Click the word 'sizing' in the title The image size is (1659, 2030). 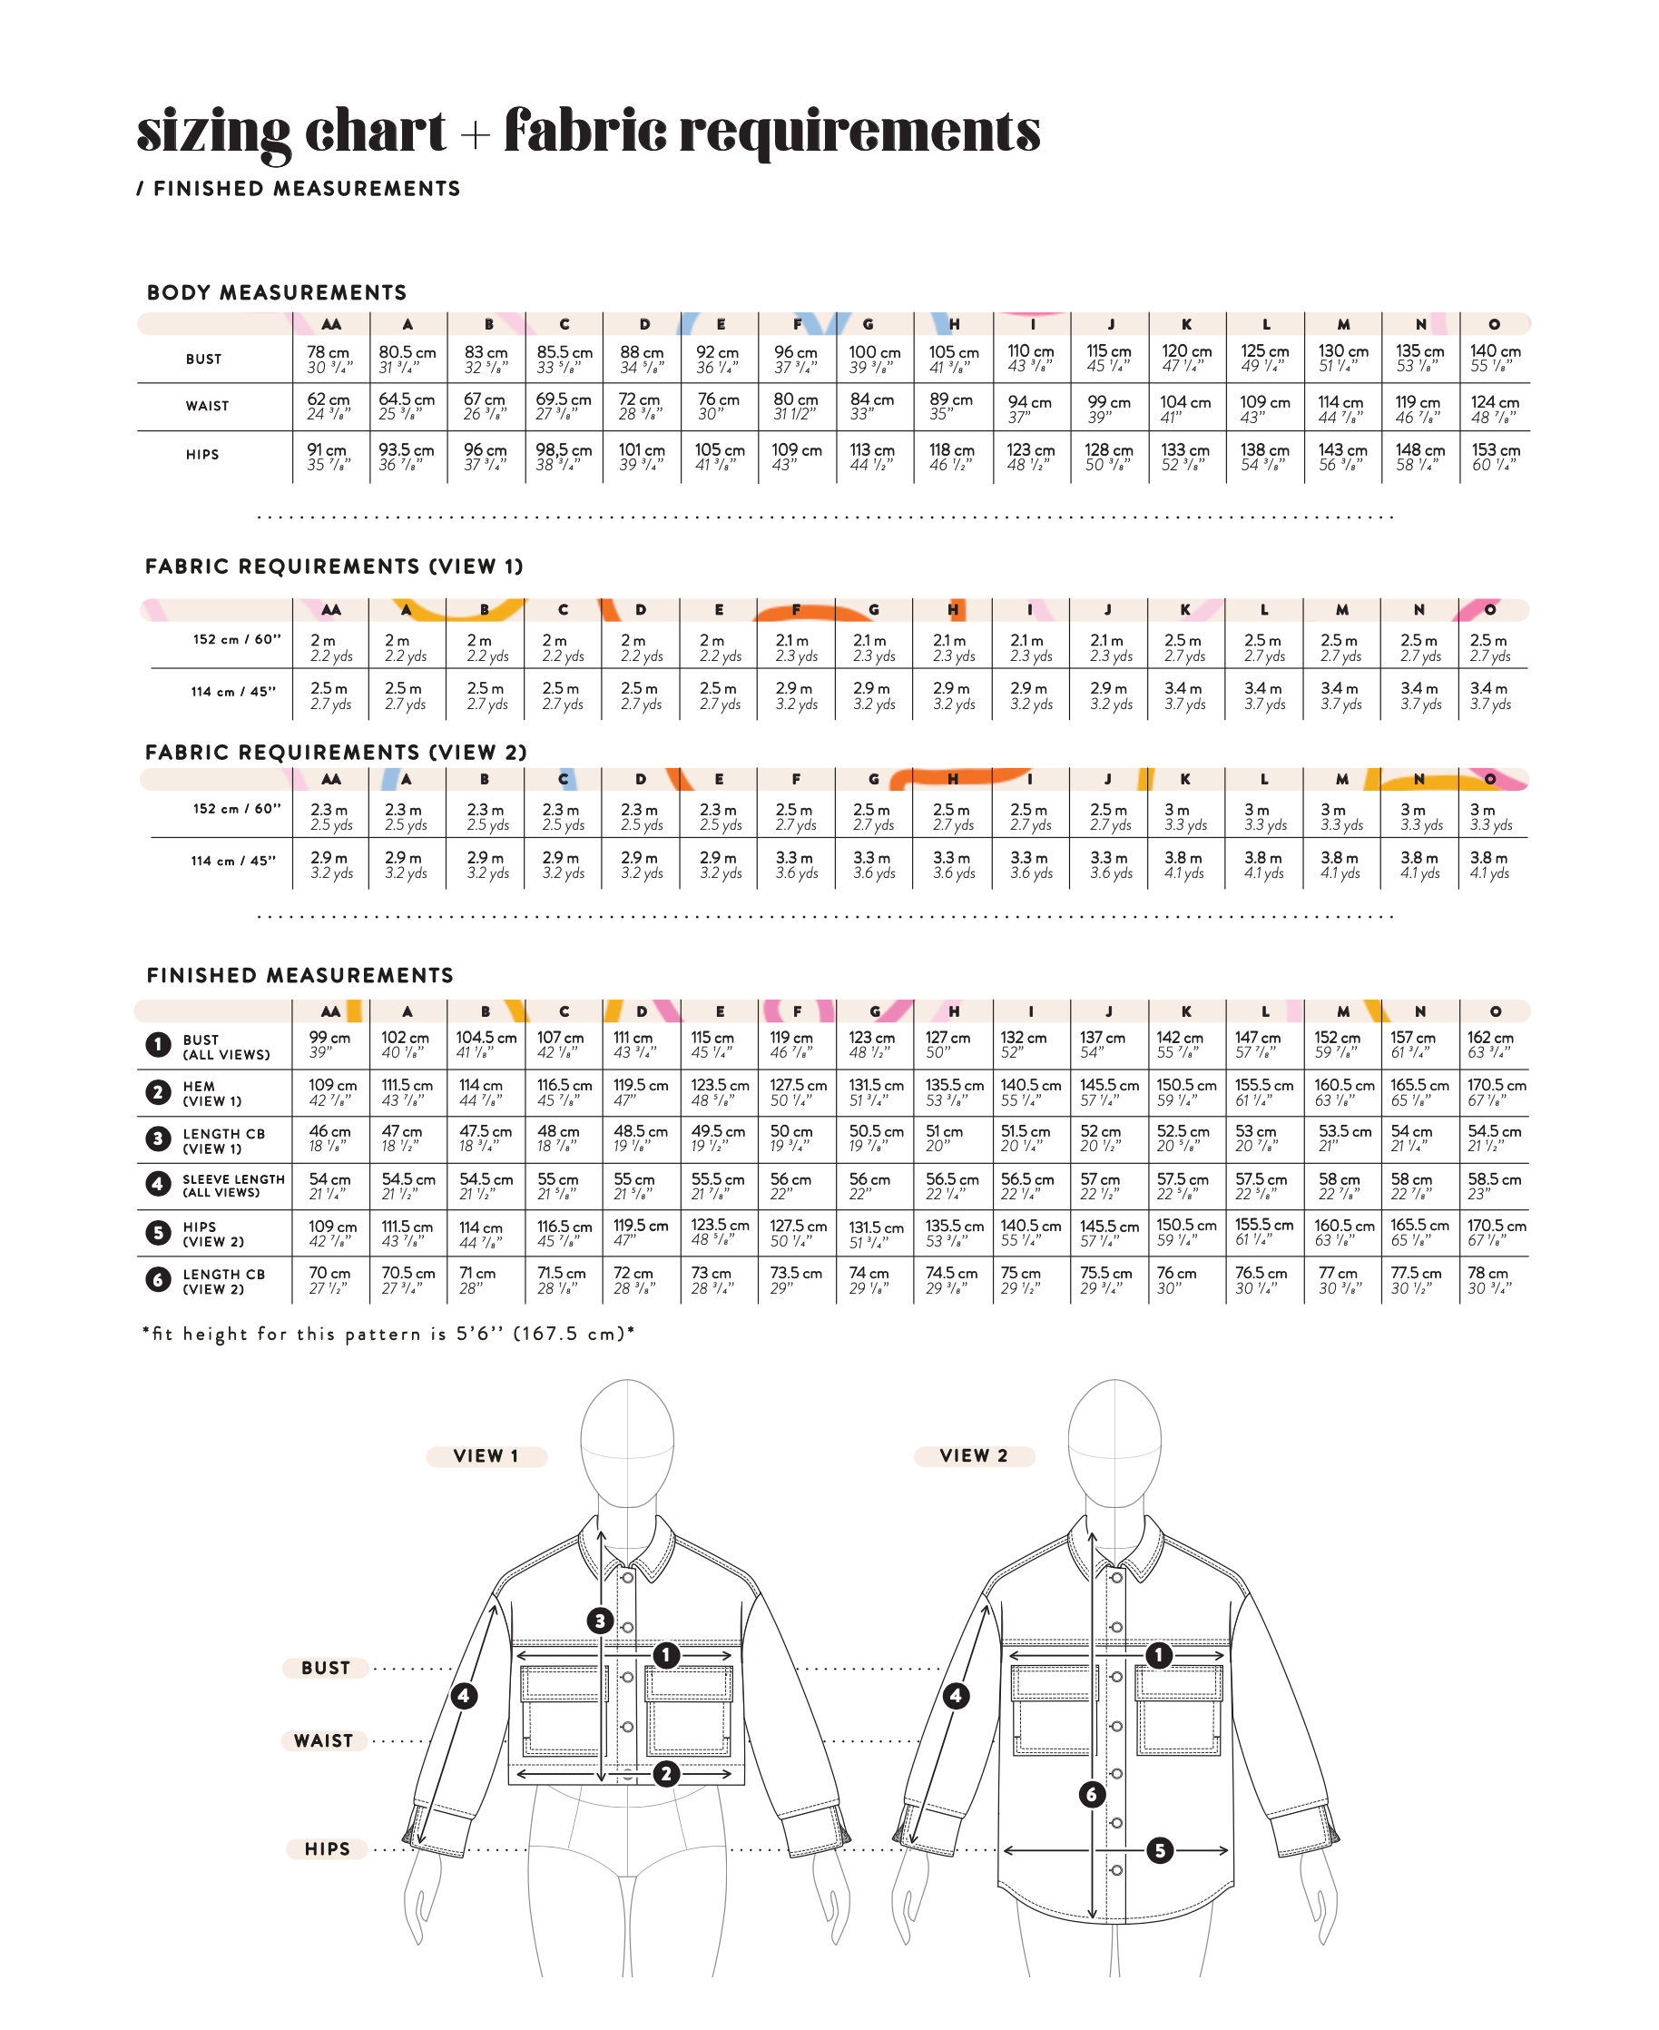[x=212, y=132]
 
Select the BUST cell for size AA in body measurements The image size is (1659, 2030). [x=329, y=360]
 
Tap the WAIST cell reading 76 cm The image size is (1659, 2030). [x=719, y=406]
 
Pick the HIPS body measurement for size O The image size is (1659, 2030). [x=1495, y=456]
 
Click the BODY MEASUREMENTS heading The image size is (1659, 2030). [x=276, y=292]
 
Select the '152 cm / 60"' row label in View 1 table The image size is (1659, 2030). [x=236, y=639]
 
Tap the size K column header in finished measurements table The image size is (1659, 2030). [x=1186, y=1011]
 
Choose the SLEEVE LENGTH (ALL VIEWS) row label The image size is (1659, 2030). [x=233, y=1185]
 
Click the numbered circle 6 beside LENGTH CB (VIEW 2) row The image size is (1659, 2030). [x=159, y=1280]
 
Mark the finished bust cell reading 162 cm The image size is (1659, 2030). [x=1495, y=1045]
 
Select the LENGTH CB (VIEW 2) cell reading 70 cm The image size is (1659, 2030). [x=329, y=1280]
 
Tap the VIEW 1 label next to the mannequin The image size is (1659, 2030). [x=486, y=1455]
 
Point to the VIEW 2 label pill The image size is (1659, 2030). [x=974, y=1455]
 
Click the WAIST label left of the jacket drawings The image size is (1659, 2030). [x=323, y=1741]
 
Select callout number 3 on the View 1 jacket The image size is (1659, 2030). [x=599, y=1620]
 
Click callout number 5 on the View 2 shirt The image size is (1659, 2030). [x=1159, y=1850]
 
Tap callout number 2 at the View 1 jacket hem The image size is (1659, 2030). [x=666, y=1774]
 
